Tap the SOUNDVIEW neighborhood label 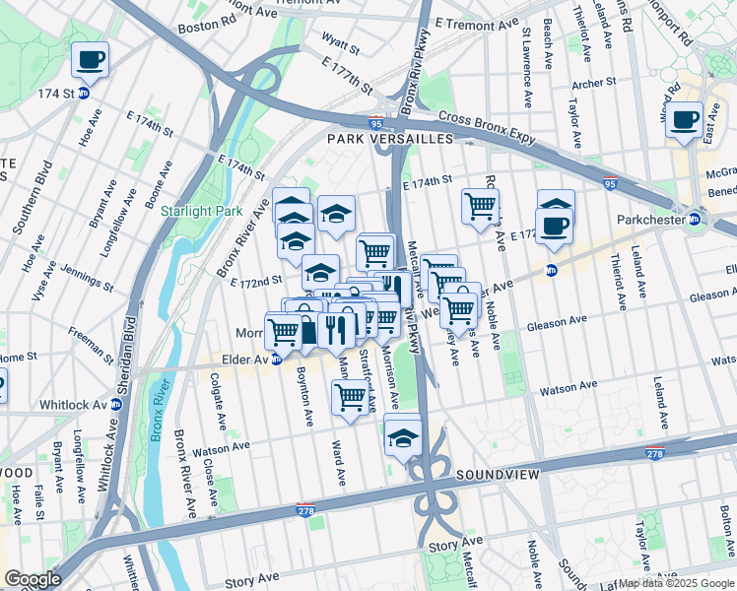click(498, 475)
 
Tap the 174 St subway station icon click(84, 94)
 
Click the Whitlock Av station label click(73, 405)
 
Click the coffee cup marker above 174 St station click(90, 60)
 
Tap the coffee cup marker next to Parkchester click(555, 226)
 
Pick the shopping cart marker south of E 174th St click(480, 208)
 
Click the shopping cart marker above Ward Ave click(350, 398)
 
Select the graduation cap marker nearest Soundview click(403, 434)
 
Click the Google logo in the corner click(32, 579)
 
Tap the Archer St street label click(593, 84)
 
